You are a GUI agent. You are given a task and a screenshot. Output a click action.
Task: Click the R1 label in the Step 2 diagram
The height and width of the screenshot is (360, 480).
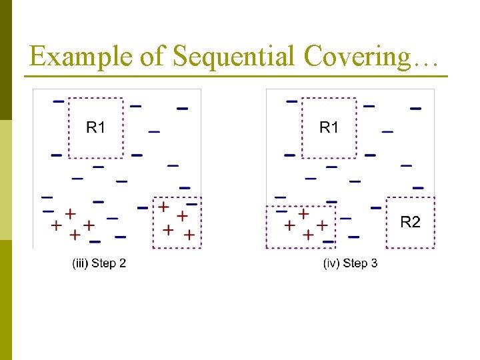pyautogui.click(x=96, y=127)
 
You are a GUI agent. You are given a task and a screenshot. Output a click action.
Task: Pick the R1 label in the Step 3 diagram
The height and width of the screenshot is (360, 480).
pyautogui.click(x=329, y=127)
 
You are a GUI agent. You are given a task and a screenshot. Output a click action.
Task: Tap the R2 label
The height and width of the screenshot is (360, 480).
pyautogui.click(x=410, y=222)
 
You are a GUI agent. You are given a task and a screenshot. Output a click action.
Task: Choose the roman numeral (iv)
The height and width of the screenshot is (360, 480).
pyautogui.click(x=331, y=263)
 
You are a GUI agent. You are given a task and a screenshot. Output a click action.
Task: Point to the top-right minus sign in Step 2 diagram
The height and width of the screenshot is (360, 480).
pyautogui.click(x=182, y=108)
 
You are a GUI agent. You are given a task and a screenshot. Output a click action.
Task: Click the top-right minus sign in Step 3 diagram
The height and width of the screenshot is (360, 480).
pyautogui.click(x=415, y=108)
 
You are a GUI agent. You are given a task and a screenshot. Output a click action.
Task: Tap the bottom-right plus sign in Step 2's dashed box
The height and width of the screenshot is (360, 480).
pyautogui.click(x=189, y=235)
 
